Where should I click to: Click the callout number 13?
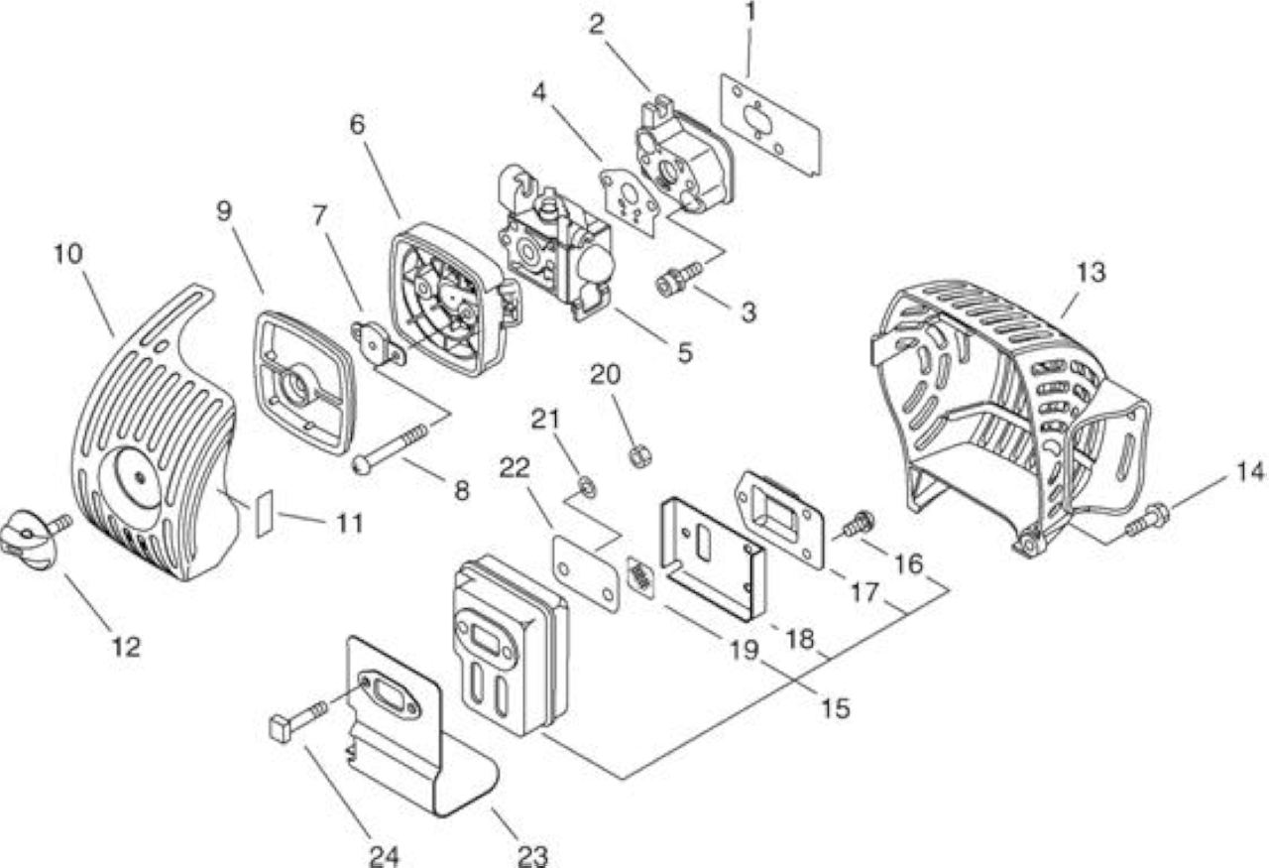(1091, 272)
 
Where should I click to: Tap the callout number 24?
(384, 856)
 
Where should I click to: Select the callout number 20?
(605, 375)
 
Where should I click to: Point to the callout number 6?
(358, 125)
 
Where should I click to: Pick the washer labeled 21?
(587, 486)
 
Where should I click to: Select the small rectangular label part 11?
(265, 514)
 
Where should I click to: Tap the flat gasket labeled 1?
(770, 124)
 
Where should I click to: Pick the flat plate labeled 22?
(586, 573)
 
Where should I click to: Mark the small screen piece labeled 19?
(640, 576)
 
